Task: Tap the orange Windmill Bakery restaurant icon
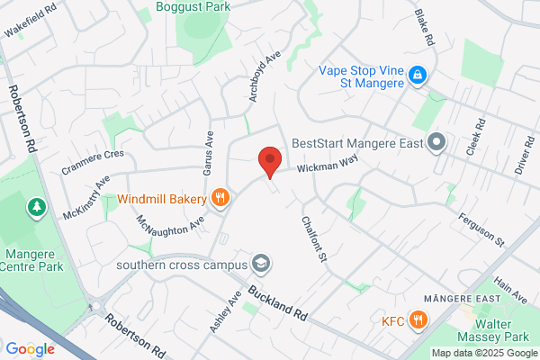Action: (x=219, y=197)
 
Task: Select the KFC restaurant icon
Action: (x=418, y=319)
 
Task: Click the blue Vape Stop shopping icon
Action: (x=417, y=76)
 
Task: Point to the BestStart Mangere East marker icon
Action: (x=437, y=142)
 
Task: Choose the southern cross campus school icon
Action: (x=261, y=264)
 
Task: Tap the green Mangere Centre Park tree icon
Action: (x=37, y=208)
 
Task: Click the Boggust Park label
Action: (x=193, y=6)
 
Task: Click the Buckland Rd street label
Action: (x=279, y=303)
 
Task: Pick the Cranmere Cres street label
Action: (x=93, y=155)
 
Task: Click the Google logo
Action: (x=30, y=349)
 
